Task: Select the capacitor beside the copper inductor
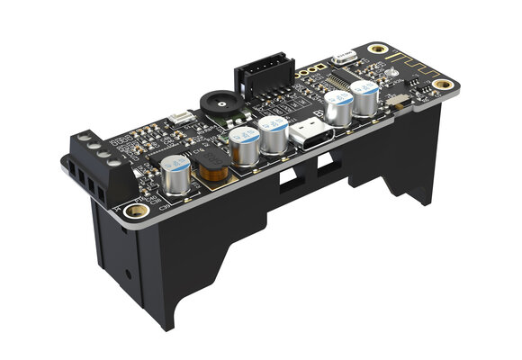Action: coord(178,175)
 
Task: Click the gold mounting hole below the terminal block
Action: coord(134,210)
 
